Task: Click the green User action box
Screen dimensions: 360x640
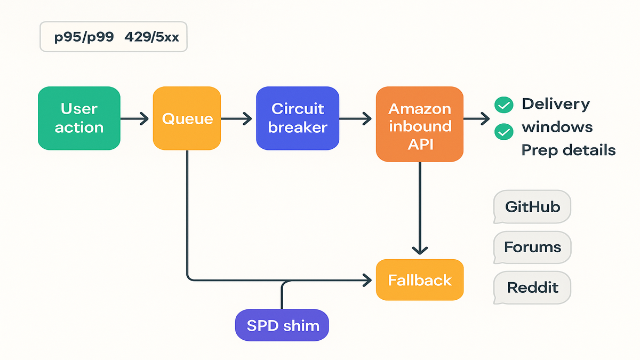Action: click(79, 118)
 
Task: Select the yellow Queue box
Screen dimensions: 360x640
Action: click(187, 118)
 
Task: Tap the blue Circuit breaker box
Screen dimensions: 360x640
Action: click(297, 118)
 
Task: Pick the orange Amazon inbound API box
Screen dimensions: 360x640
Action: click(420, 124)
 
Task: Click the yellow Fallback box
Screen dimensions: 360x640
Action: click(420, 280)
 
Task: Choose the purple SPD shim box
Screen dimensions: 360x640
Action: click(282, 325)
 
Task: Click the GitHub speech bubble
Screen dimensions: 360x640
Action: click(532, 206)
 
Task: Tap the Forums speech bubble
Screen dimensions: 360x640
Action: click(532, 247)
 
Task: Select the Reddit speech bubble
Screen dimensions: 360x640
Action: click(532, 288)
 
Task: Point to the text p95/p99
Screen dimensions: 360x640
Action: click(84, 38)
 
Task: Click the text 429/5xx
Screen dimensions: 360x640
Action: click(151, 38)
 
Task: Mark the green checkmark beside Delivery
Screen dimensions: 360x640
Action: click(503, 105)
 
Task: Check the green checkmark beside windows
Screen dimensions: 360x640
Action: click(503, 131)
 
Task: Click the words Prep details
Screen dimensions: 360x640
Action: click(568, 150)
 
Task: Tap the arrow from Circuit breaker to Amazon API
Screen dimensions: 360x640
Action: click(357, 118)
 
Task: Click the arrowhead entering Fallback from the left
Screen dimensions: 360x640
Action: click(367, 279)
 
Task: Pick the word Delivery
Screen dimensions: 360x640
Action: click(555, 103)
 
